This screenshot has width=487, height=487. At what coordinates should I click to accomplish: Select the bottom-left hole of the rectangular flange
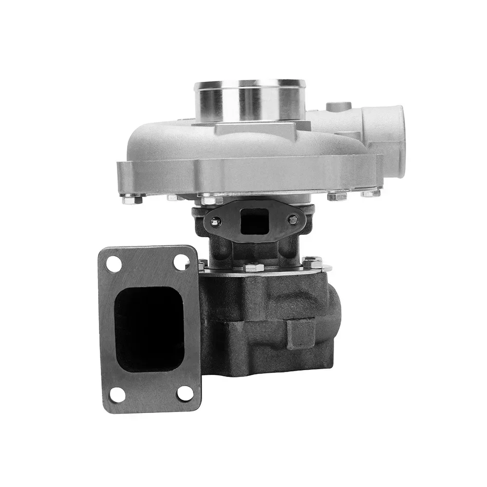[x=117, y=394]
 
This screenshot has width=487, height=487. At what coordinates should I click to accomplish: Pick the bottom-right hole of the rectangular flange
[x=185, y=393]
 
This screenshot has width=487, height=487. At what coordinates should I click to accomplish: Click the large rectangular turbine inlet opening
[x=149, y=329]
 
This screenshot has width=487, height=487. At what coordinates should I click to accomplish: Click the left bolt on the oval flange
[x=215, y=222]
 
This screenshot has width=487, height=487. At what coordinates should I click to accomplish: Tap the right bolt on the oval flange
[x=293, y=219]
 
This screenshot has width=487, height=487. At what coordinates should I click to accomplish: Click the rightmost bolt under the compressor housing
[x=371, y=193]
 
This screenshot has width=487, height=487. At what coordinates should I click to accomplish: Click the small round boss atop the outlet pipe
[x=339, y=106]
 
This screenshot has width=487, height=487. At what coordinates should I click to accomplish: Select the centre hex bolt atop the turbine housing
[x=254, y=267]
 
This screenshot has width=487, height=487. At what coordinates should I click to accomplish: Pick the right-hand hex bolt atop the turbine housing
[x=312, y=262]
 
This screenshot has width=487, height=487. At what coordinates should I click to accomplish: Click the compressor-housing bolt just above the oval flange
[x=211, y=199]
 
